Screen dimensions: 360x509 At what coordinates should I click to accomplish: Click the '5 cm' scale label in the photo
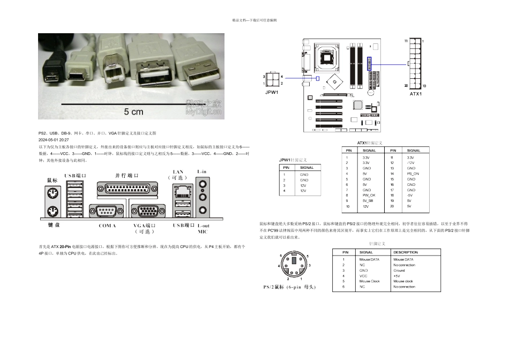click(134, 112)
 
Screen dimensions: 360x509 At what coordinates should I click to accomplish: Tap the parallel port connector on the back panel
click(128, 189)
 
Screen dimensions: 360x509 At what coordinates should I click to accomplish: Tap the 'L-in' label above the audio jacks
click(203, 171)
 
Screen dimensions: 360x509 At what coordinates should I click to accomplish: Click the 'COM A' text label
click(107, 226)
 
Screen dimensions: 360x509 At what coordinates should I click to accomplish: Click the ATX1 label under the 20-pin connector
click(416, 93)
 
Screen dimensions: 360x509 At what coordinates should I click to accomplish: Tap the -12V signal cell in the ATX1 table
click(411, 163)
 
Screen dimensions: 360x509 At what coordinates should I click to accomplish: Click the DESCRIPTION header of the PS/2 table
click(406, 252)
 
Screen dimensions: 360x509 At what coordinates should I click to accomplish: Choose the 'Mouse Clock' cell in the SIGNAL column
click(369, 281)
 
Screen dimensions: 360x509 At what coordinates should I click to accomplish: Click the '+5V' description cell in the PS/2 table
click(397, 275)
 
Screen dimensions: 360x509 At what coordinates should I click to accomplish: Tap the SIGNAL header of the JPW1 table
click(307, 168)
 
